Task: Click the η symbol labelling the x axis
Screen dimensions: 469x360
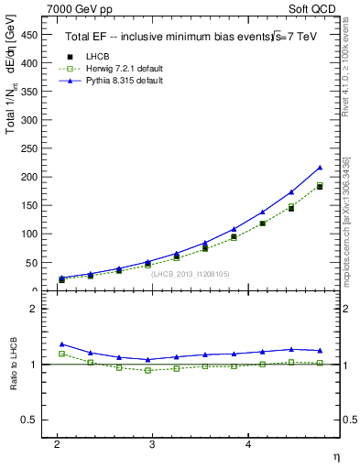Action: pyautogui.click(x=334, y=456)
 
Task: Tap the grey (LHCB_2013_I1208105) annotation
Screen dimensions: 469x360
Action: pyautogui.click(x=191, y=273)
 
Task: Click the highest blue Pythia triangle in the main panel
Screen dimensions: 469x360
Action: pyautogui.click(x=320, y=168)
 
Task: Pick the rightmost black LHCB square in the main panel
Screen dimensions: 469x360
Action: pyautogui.click(x=320, y=187)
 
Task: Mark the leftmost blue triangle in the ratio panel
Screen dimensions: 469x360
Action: pyautogui.click(x=61, y=344)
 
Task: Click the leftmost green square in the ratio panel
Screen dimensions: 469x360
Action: pyautogui.click(x=61, y=354)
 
